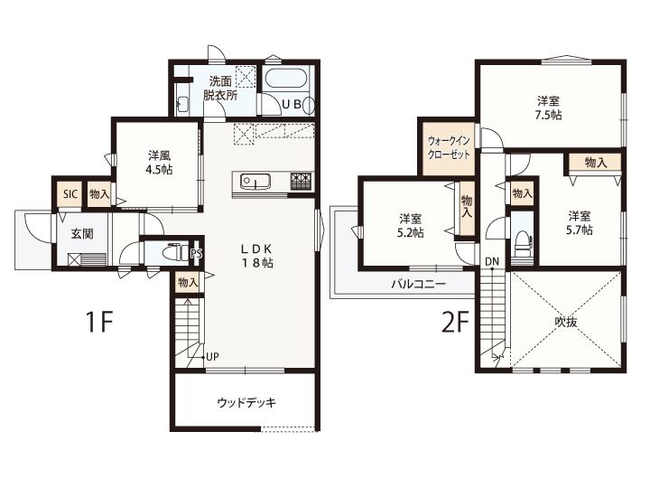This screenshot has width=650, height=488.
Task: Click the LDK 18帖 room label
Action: [x=257, y=256]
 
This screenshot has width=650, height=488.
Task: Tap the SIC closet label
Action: [x=70, y=193]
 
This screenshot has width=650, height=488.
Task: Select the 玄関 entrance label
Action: [x=82, y=234]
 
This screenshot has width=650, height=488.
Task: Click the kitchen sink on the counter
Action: [x=255, y=182]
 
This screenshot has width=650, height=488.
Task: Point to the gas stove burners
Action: [x=301, y=181]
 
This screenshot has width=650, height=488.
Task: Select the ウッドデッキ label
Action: [x=246, y=402]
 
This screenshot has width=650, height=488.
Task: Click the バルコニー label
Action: [x=419, y=285]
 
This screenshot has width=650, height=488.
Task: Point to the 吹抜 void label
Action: [x=566, y=322]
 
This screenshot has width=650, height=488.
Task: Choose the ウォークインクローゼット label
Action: [x=449, y=147]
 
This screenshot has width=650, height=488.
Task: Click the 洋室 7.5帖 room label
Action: [x=548, y=108]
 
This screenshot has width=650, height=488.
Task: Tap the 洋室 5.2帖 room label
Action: [x=411, y=225]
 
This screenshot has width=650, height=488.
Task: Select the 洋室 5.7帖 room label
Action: [x=579, y=223]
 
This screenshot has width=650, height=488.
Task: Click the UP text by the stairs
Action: [x=212, y=357]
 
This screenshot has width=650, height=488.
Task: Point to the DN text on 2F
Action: [x=492, y=262]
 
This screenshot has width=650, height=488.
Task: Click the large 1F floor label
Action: [x=99, y=322]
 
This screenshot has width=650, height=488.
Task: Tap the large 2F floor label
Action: [x=455, y=322]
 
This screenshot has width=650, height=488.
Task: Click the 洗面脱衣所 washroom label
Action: [x=220, y=88]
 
